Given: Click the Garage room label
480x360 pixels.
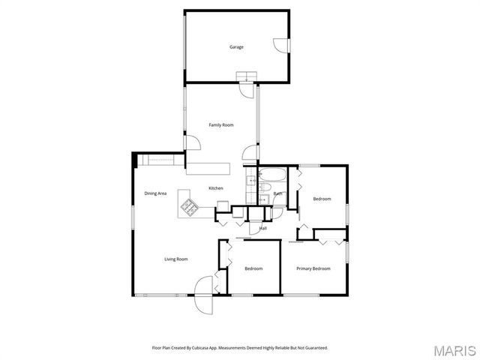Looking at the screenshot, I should click(236, 47).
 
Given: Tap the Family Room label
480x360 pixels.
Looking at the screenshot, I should click(221, 124).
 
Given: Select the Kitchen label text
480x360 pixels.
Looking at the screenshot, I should click(216, 188).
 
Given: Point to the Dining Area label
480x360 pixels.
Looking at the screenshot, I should click(155, 193).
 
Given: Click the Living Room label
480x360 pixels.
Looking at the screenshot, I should click(176, 259).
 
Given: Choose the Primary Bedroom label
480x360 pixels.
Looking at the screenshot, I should click(313, 268).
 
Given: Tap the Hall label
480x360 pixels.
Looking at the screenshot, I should click(263, 228).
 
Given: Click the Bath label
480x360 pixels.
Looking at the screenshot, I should click(277, 193).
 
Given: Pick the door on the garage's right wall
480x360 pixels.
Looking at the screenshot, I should click(280, 46).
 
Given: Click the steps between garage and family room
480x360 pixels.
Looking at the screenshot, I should click(245, 77).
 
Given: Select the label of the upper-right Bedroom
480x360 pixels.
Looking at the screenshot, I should click(322, 199).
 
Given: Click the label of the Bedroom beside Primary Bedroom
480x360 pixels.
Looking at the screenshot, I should click(253, 268).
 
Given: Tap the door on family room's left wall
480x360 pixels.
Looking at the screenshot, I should click(190, 142).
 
